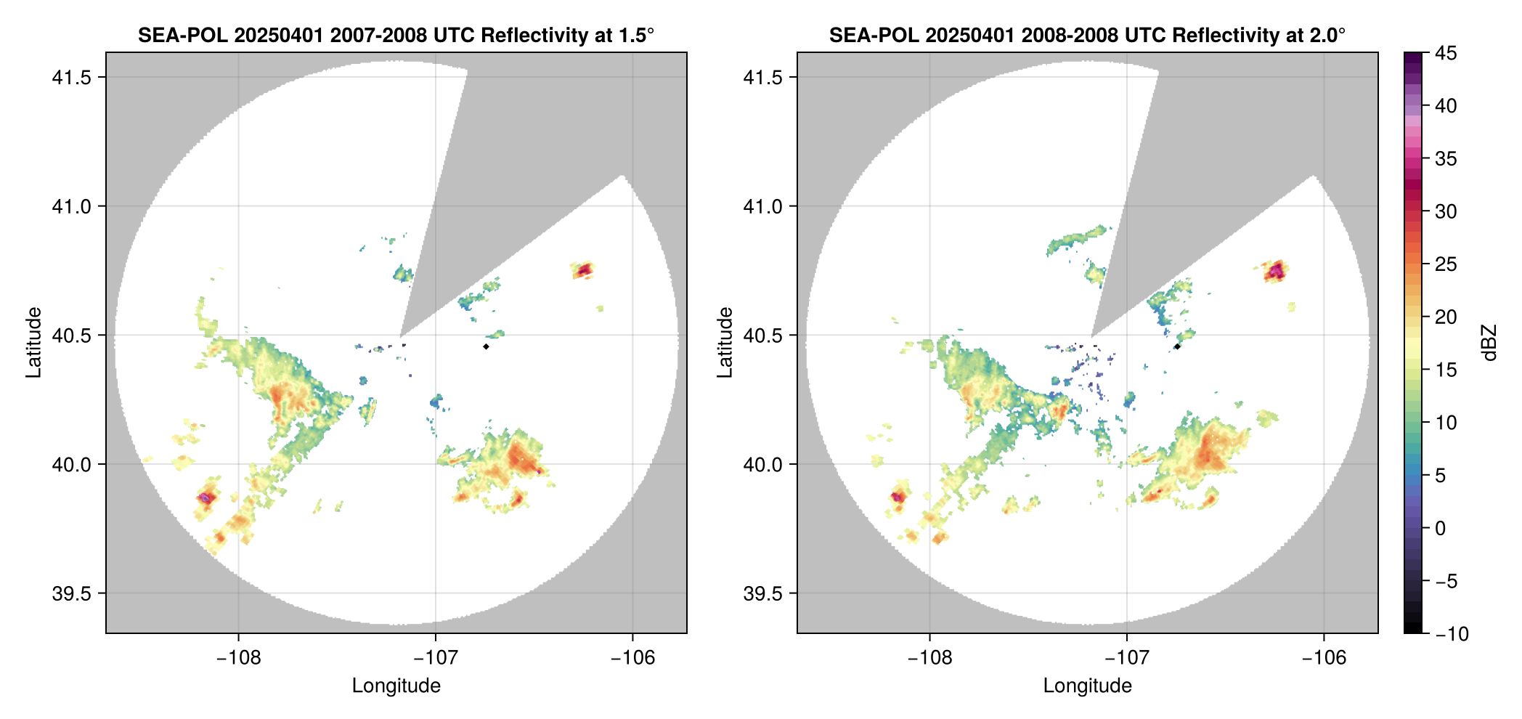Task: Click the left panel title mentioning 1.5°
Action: pyautogui.click(x=396, y=35)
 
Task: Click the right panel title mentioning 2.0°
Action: pyautogui.click(x=1087, y=35)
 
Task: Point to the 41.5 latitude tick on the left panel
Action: pyautogui.click(x=71, y=78)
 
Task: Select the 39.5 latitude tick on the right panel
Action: pyautogui.click(x=762, y=593)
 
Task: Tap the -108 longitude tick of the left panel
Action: pyautogui.click(x=237, y=657)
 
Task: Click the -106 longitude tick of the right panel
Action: pyautogui.click(x=1324, y=657)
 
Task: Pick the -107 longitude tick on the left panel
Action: pyautogui.click(x=435, y=657)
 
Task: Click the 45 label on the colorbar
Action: pyautogui.click(x=1446, y=53)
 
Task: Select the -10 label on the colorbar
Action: pyautogui.click(x=1452, y=634)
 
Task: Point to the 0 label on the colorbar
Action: pyautogui.click(x=1441, y=528)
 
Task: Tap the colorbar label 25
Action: pyautogui.click(x=1446, y=264)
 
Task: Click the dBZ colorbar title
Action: pyautogui.click(x=1489, y=343)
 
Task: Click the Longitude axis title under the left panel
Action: pyautogui.click(x=396, y=686)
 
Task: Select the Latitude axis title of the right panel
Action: pyautogui.click(x=725, y=343)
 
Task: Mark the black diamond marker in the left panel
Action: pyautogui.click(x=486, y=346)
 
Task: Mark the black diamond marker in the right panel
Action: pyautogui.click(x=1177, y=346)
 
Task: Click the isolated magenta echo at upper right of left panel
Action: pyautogui.click(x=583, y=270)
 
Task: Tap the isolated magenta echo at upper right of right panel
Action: pyautogui.click(x=1275, y=272)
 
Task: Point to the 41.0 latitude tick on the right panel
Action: pyautogui.click(x=762, y=206)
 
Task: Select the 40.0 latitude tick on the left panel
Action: pyautogui.click(x=71, y=465)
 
